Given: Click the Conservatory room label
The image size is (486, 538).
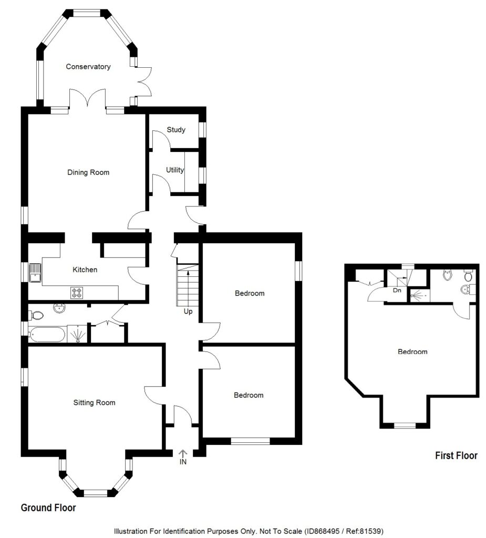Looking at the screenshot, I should (x=88, y=67).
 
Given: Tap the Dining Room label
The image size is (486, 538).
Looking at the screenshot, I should (x=88, y=172).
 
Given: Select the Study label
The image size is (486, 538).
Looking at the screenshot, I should (x=176, y=129).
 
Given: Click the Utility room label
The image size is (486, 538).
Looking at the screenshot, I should (x=175, y=170).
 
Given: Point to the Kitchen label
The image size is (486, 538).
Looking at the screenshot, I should (x=85, y=270).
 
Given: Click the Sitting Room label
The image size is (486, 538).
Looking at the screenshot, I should (x=94, y=403).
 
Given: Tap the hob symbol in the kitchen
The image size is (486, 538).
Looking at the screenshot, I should (x=77, y=292).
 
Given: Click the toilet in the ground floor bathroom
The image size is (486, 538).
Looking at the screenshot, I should (x=36, y=315).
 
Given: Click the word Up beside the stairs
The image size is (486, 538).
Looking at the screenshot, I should (x=188, y=311).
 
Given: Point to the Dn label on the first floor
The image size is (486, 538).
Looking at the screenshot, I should (x=397, y=290).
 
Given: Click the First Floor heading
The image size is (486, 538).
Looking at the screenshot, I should (x=456, y=456).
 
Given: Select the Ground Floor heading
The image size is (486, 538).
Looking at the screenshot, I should (x=48, y=508).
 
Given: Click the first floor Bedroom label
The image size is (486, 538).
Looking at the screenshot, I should (x=412, y=351).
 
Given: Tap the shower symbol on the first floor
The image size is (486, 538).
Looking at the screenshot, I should (x=419, y=295).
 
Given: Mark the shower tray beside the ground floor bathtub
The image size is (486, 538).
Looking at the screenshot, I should (x=77, y=334).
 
